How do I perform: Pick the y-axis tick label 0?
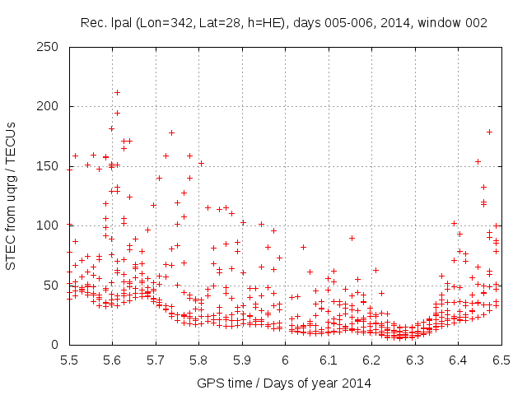[x=58, y=344]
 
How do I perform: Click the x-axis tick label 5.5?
[x=69, y=360]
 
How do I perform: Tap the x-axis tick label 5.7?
[x=156, y=360]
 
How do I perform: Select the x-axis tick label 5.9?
[x=242, y=360]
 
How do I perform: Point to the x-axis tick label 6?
[x=285, y=360]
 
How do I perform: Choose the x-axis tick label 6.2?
[x=371, y=360]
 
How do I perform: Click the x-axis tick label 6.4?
[x=458, y=360]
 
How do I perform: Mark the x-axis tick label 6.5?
[x=501, y=360]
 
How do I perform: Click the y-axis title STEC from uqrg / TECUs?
[x=12, y=195]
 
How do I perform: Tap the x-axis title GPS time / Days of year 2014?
[x=285, y=383]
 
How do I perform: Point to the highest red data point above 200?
[x=117, y=92]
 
